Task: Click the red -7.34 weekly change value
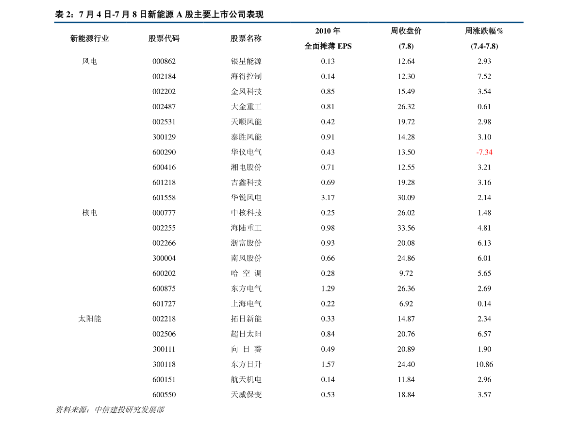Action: coord(484,152)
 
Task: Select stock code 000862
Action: coord(164,61)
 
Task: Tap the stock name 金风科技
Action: coord(246,91)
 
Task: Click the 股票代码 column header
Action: coord(164,38)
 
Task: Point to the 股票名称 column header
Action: coord(246,38)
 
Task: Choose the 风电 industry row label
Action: coord(90,61)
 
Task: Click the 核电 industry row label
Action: coord(90,213)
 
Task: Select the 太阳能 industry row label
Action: coord(90,319)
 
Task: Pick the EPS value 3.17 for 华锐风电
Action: coord(328,198)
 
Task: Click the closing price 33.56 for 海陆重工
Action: coord(406,228)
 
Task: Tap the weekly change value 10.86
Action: coord(484,364)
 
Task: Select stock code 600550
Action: coord(164,394)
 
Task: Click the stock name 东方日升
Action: coord(246,364)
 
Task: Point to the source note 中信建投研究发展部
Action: coord(129,409)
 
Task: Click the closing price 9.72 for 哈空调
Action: coord(406,273)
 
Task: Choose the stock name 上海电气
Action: coord(246,304)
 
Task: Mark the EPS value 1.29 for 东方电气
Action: coord(328,288)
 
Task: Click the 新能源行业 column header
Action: coord(90,38)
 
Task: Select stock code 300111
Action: coord(164,349)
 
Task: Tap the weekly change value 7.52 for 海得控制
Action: coord(484,76)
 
